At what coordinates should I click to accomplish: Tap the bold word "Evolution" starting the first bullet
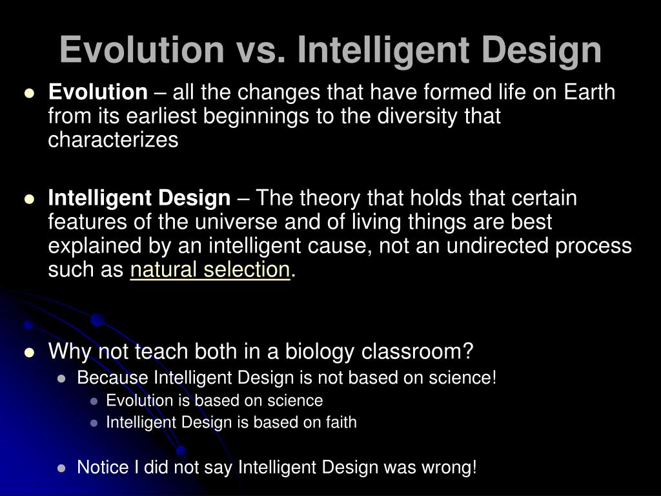click(x=98, y=93)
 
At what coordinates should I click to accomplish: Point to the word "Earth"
click(x=589, y=93)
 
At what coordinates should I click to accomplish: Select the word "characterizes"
click(x=113, y=141)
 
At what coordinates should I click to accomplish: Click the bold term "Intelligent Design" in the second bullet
click(x=139, y=198)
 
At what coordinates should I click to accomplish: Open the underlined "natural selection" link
click(x=210, y=270)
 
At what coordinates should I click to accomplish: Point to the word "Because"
click(x=112, y=377)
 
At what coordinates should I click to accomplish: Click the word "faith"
click(x=339, y=422)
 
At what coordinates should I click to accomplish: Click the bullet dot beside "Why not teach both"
click(x=29, y=353)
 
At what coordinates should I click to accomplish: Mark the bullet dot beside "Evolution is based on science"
click(x=94, y=401)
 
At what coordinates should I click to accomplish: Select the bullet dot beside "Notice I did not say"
click(x=62, y=468)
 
